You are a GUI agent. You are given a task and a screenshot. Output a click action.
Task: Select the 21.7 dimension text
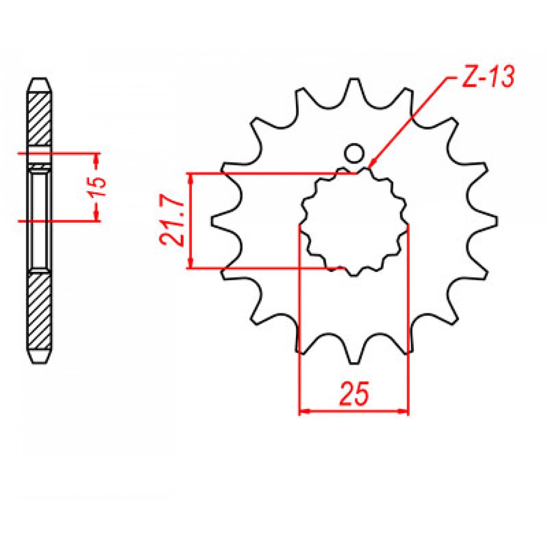(x=170, y=222)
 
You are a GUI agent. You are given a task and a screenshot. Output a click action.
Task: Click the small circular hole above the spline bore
(x=354, y=153)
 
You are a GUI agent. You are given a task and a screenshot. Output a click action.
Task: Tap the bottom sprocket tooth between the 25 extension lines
(x=354, y=354)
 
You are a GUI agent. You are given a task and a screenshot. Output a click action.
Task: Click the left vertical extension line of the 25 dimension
(x=300, y=308)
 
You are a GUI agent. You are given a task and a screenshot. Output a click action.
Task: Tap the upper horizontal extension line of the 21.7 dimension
(x=274, y=174)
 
